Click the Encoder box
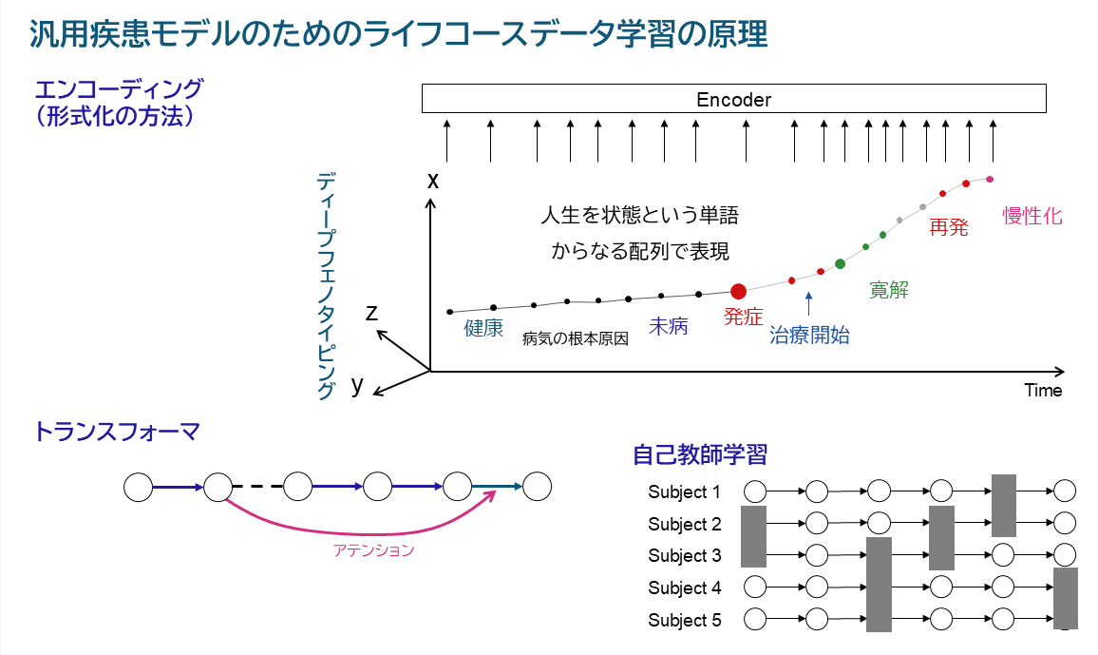pos(734,98)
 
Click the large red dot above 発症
pos(738,292)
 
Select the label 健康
pos(483,328)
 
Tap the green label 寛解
pos(889,289)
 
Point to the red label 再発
pos(948,227)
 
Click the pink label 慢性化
pos(1032,216)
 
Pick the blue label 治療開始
pos(809,335)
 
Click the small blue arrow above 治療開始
pos(809,303)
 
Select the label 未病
pos(668,326)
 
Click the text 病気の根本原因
pos(576,339)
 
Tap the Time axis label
pos(1043,390)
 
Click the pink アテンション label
pos(373,550)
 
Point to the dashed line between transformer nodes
pos(257,486)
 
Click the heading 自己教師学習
pos(700,454)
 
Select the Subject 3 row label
pos(684,555)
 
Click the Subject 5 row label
pos(684,620)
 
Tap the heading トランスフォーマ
pos(117,432)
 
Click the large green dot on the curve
pos(841,264)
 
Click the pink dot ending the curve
pos(990,180)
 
